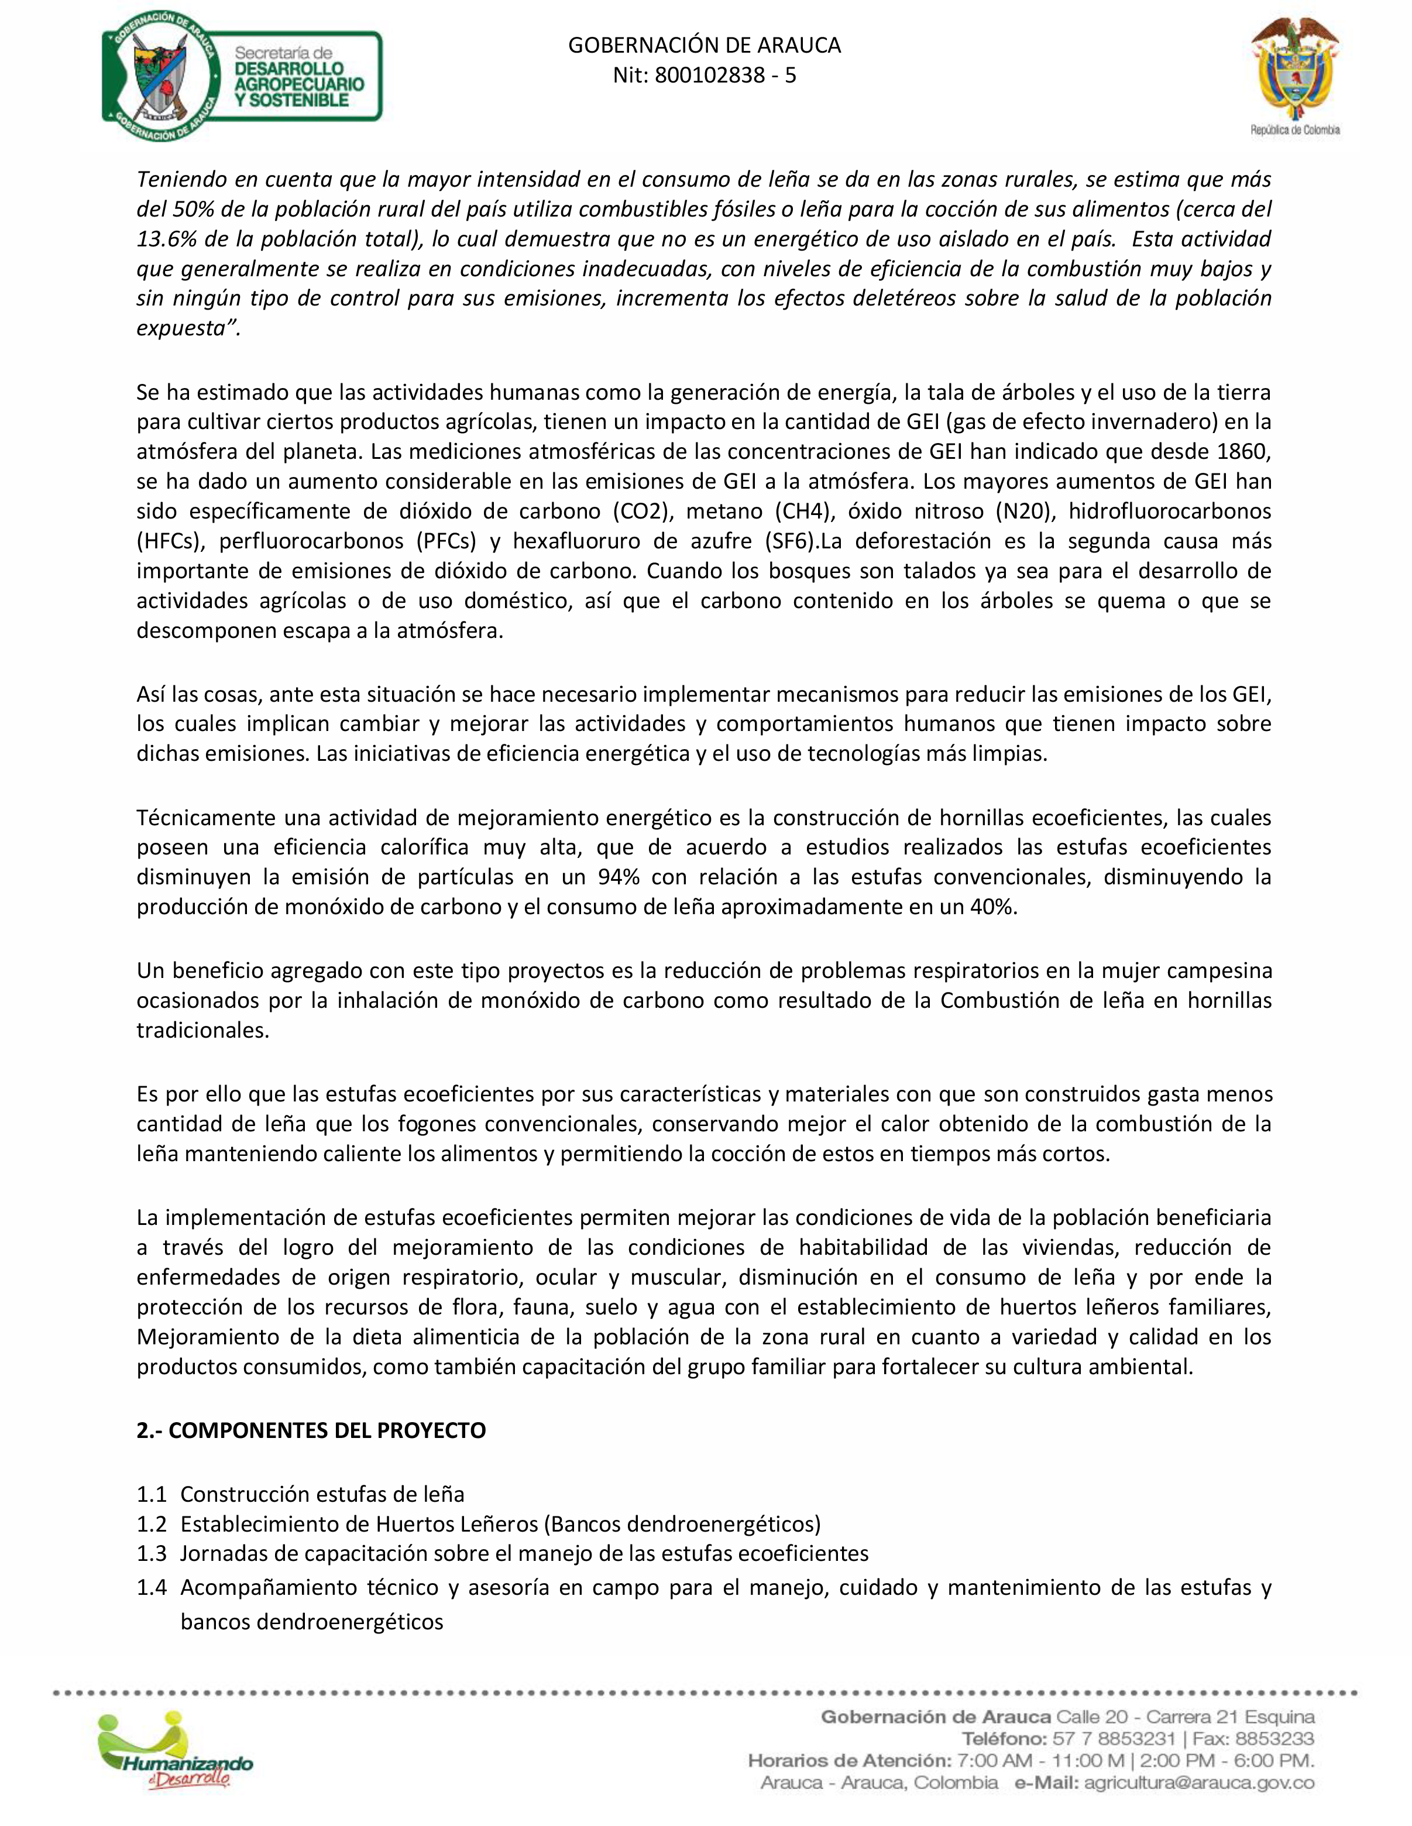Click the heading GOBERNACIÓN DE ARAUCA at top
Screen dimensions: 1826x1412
pos(704,45)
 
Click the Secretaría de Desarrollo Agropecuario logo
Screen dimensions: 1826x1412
pos(242,77)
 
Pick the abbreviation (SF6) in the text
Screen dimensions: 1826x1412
pos(789,541)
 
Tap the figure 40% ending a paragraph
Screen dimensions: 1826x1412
pos(993,907)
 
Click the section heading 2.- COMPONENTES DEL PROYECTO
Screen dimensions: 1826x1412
pos(311,1430)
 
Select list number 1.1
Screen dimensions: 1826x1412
pos(152,1494)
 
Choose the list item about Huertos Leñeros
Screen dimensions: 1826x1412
pos(500,1524)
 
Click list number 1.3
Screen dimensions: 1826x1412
pos(152,1553)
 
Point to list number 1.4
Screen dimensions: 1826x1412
pos(152,1587)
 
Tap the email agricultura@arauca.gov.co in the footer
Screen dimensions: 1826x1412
pos(1199,1783)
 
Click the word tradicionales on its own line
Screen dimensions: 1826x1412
pos(202,1030)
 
